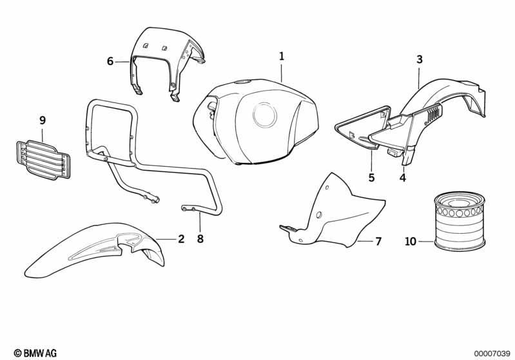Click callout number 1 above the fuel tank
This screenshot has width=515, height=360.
tap(282, 57)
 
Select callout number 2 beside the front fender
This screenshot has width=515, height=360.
tap(181, 238)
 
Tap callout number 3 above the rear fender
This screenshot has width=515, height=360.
tap(420, 59)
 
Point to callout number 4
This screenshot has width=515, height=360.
tap(403, 178)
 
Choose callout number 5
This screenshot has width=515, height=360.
tap(371, 178)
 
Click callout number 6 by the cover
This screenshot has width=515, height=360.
tap(110, 61)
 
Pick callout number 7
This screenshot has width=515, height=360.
tap(378, 242)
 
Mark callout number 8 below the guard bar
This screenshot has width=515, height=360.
tap(200, 238)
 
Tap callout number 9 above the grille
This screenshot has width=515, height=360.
tap(43, 120)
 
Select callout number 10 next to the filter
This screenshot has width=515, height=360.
tap(411, 242)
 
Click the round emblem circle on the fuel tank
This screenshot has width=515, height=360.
tap(265, 115)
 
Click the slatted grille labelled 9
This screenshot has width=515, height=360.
tap(43, 160)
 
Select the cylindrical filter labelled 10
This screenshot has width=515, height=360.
tap(460, 221)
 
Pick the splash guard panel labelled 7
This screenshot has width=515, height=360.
tap(333, 213)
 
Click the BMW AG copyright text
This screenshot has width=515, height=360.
tap(35, 353)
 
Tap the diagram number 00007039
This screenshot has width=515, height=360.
tap(491, 354)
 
